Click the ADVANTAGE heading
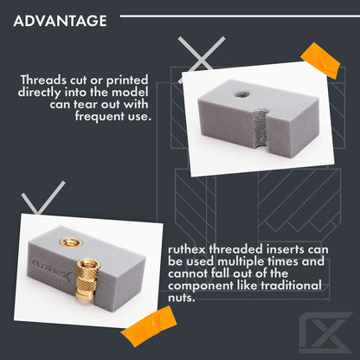(61, 20)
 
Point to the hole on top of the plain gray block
(237, 89)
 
